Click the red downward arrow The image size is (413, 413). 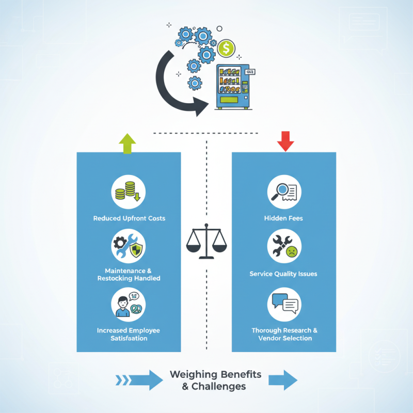click(285, 141)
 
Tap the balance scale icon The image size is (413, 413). click(206, 241)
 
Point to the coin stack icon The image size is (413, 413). click(129, 192)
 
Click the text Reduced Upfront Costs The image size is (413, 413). click(129, 218)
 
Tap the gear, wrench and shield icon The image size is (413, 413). click(129, 247)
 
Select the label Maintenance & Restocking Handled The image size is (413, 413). click(129, 275)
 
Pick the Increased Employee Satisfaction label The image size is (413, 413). click(129, 334)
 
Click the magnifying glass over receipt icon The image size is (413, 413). click(284, 192)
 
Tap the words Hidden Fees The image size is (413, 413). click(283, 218)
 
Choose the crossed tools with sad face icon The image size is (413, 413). click(284, 247)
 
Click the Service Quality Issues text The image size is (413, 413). click(283, 274)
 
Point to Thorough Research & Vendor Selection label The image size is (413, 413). click(284, 334)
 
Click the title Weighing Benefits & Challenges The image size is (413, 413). click(215, 380)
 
